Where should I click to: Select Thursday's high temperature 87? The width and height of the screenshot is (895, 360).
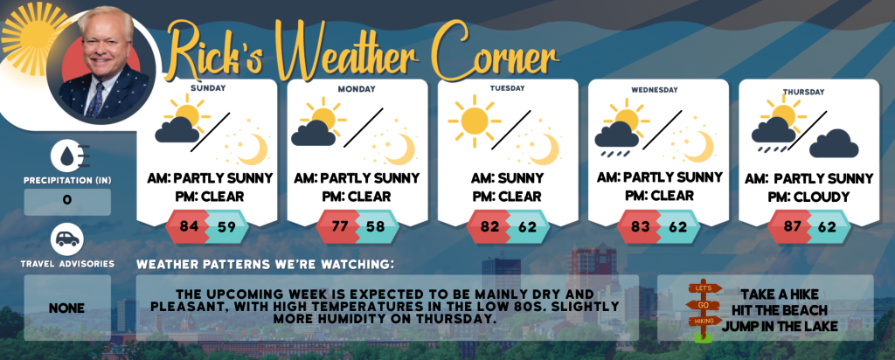click(791, 226)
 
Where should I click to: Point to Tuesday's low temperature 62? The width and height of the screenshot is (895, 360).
click(528, 226)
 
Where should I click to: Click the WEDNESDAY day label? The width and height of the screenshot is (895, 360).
click(654, 90)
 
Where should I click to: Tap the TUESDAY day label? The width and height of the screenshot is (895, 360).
click(508, 88)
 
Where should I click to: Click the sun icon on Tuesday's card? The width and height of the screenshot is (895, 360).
click(475, 121)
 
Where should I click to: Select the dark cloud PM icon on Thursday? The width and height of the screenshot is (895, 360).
click(833, 144)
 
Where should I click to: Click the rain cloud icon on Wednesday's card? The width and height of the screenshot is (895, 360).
click(616, 141)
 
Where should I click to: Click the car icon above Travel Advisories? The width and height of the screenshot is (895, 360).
click(67, 239)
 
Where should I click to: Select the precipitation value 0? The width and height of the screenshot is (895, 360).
click(67, 201)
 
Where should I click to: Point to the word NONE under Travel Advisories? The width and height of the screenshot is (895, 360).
click(66, 308)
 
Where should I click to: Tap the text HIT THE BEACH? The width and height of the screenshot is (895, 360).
click(780, 310)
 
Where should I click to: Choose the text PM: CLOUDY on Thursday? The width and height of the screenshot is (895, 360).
click(808, 197)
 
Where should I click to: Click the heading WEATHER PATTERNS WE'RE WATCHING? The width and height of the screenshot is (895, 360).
click(266, 265)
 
